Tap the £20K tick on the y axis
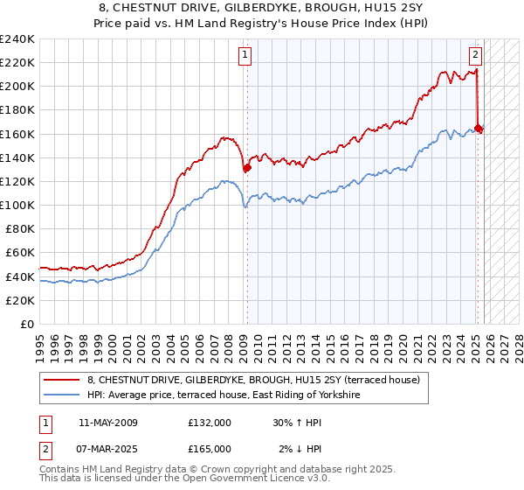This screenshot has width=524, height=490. point(20,300)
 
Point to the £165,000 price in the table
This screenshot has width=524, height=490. point(209,449)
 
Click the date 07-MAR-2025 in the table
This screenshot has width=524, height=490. point(107,449)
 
